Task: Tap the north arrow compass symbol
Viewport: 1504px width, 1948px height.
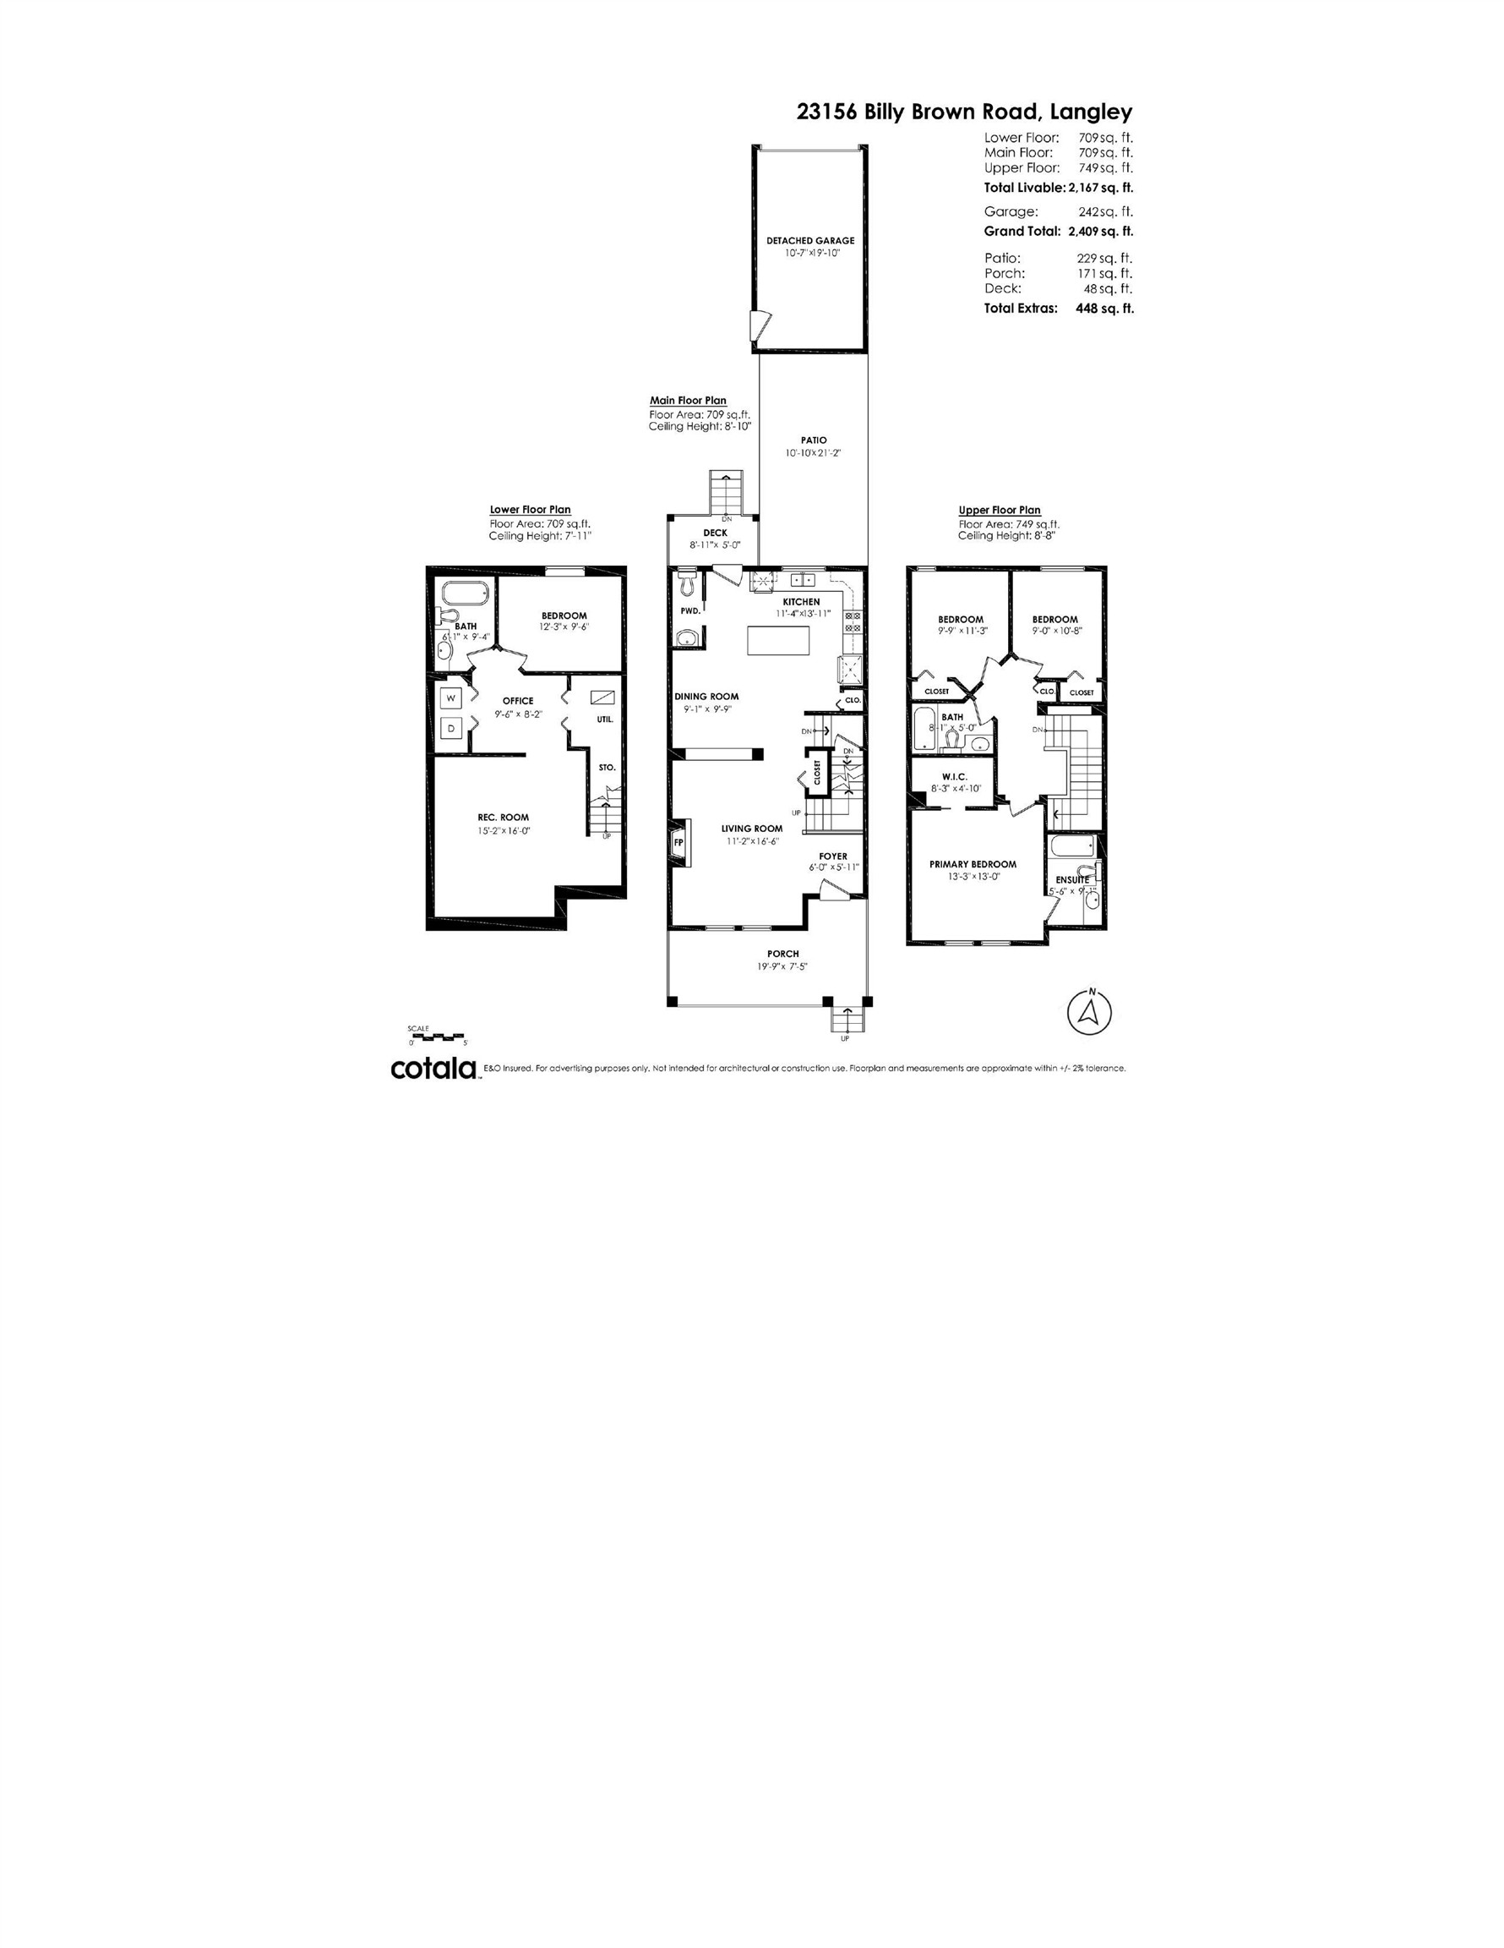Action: point(1088,1011)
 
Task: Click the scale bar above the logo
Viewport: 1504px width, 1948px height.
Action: point(437,1036)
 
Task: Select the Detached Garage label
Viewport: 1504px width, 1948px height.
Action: point(809,240)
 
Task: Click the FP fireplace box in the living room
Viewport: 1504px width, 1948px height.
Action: point(678,842)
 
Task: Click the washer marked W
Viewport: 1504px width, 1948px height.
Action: point(451,698)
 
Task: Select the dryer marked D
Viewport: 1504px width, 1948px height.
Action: point(451,728)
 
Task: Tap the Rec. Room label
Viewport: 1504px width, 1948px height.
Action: point(503,817)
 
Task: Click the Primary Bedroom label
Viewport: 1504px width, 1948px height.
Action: point(972,864)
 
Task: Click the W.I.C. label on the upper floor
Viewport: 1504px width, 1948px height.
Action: point(954,777)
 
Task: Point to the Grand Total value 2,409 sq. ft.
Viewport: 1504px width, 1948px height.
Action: point(1100,231)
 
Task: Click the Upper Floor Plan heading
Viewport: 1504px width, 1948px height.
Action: point(999,510)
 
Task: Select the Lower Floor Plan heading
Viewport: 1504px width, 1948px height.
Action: point(530,510)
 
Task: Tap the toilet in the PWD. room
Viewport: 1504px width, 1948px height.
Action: point(685,583)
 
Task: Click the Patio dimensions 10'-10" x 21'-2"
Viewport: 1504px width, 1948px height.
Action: point(812,453)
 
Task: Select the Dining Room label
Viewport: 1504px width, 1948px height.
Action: point(706,697)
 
